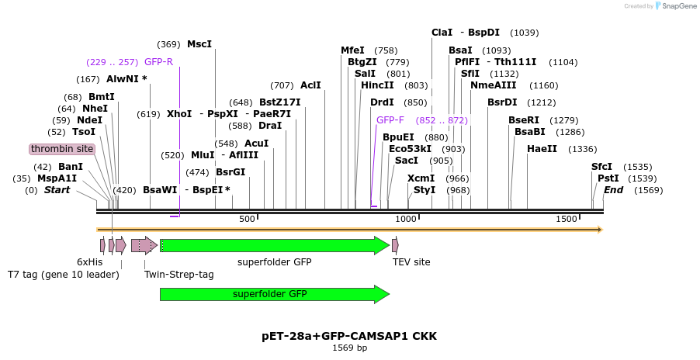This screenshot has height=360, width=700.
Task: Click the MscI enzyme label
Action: point(199,44)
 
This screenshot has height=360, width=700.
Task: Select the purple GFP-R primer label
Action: point(158,62)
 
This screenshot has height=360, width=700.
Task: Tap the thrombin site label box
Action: point(62,149)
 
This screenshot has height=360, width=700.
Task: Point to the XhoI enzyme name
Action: point(179,114)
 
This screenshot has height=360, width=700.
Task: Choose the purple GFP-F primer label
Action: point(390,120)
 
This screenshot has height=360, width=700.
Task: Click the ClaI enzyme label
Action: point(442,33)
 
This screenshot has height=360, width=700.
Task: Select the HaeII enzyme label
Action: point(542,149)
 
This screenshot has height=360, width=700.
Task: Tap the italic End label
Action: point(613,190)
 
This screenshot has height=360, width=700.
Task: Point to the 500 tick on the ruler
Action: point(248,220)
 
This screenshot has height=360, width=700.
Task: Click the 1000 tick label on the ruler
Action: point(407,220)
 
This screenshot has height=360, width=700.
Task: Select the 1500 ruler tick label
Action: point(567,220)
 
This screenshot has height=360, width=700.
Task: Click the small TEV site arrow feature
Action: point(395,246)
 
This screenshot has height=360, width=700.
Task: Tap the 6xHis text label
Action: point(89,262)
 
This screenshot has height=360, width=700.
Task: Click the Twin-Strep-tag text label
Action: point(179,275)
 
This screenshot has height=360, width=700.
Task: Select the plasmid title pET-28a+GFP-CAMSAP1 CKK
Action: point(349,336)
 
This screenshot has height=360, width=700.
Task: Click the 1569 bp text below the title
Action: point(349,348)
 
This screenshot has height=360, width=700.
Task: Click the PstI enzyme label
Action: point(608,178)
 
